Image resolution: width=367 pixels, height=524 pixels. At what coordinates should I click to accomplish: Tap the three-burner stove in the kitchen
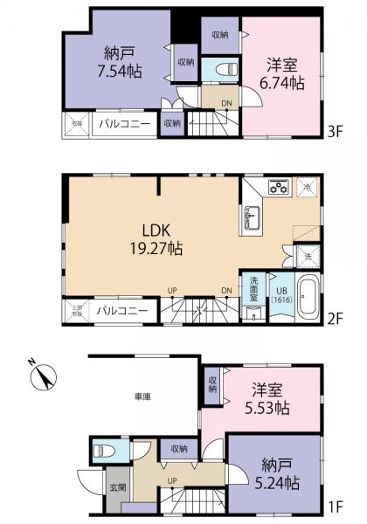(278, 187)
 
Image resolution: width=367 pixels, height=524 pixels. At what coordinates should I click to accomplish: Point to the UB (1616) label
(280, 294)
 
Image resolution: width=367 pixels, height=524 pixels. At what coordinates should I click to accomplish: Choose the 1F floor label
(336, 504)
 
